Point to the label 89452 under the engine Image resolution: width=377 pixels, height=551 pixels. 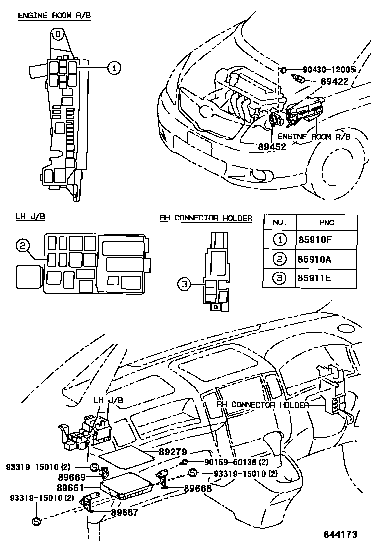272,147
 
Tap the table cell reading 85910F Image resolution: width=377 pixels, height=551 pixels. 314,241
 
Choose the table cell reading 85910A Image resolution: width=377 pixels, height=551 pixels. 314,260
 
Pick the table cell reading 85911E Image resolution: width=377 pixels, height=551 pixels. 314,278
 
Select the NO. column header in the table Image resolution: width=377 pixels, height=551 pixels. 279,222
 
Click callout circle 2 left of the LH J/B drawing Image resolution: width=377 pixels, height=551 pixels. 23,245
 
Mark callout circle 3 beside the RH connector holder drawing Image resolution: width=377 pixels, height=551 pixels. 184,284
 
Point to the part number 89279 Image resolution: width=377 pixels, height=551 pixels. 173,452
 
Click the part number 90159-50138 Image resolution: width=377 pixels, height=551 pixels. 235,462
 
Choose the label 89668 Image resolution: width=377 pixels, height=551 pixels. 198,488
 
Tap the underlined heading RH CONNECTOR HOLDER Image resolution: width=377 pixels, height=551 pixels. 206,218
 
